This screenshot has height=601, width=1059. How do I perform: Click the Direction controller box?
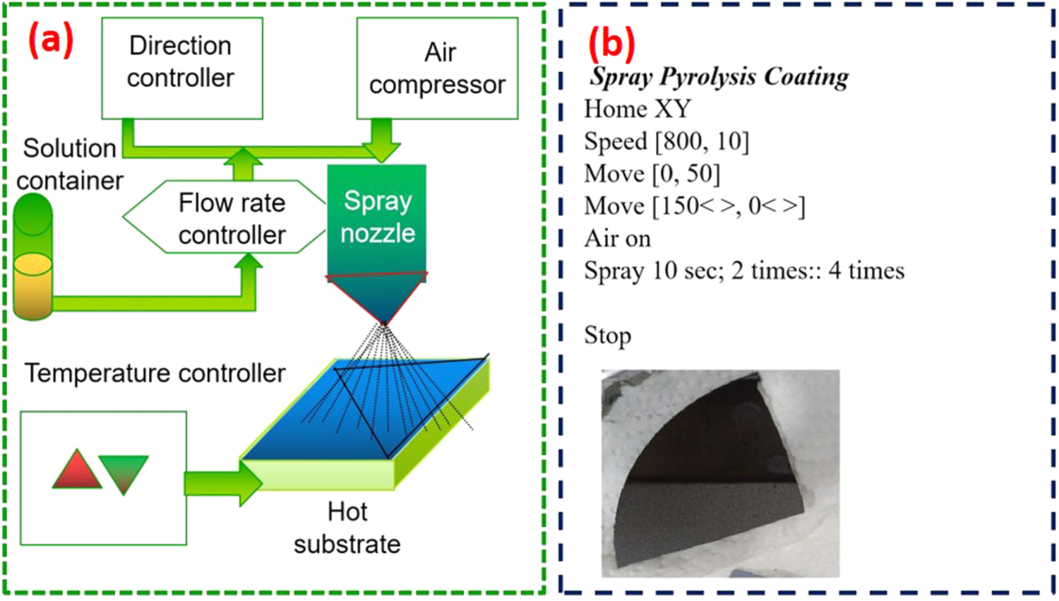click(x=181, y=68)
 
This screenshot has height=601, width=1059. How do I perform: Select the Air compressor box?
click(x=437, y=68)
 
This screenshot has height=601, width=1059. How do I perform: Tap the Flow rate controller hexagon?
click(x=225, y=218)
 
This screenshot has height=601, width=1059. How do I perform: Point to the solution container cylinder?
click(x=32, y=258)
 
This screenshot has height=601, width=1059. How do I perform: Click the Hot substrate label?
click(x=347, y=528)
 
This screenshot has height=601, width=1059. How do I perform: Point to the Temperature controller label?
click(x=155, y=373)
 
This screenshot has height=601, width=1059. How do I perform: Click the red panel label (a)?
click(x=50, y=40)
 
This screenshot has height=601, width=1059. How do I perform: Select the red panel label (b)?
click(x=611, y=44)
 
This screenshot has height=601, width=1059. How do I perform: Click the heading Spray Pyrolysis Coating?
click(x=719, y=77)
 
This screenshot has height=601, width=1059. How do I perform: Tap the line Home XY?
click(x=637, y=109)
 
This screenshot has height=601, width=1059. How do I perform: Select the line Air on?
click(x=617, y=239)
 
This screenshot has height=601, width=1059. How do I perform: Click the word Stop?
click(x=607, y=335)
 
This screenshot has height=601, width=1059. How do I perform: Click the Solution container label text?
click(x=69, y=164)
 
